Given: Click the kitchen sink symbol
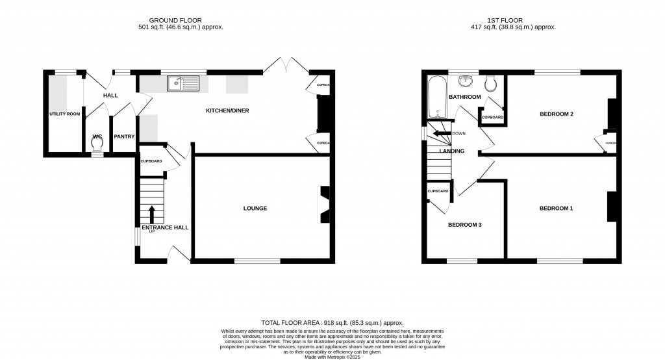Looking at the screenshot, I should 182,83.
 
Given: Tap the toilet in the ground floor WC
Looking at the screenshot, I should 97,141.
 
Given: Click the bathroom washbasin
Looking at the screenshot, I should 464,81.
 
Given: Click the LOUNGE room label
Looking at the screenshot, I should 255,208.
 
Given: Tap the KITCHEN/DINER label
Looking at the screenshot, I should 227,110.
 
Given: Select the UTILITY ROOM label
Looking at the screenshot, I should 64,114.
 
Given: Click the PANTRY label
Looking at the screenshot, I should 123,136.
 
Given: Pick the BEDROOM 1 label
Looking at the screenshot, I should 557,208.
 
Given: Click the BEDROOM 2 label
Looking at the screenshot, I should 557,114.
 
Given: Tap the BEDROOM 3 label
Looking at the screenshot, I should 465,225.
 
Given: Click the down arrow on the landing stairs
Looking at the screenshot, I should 444,133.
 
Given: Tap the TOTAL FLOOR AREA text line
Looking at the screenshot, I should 332,322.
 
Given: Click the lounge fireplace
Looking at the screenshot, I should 323,205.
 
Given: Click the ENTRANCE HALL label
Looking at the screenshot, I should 165,227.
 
